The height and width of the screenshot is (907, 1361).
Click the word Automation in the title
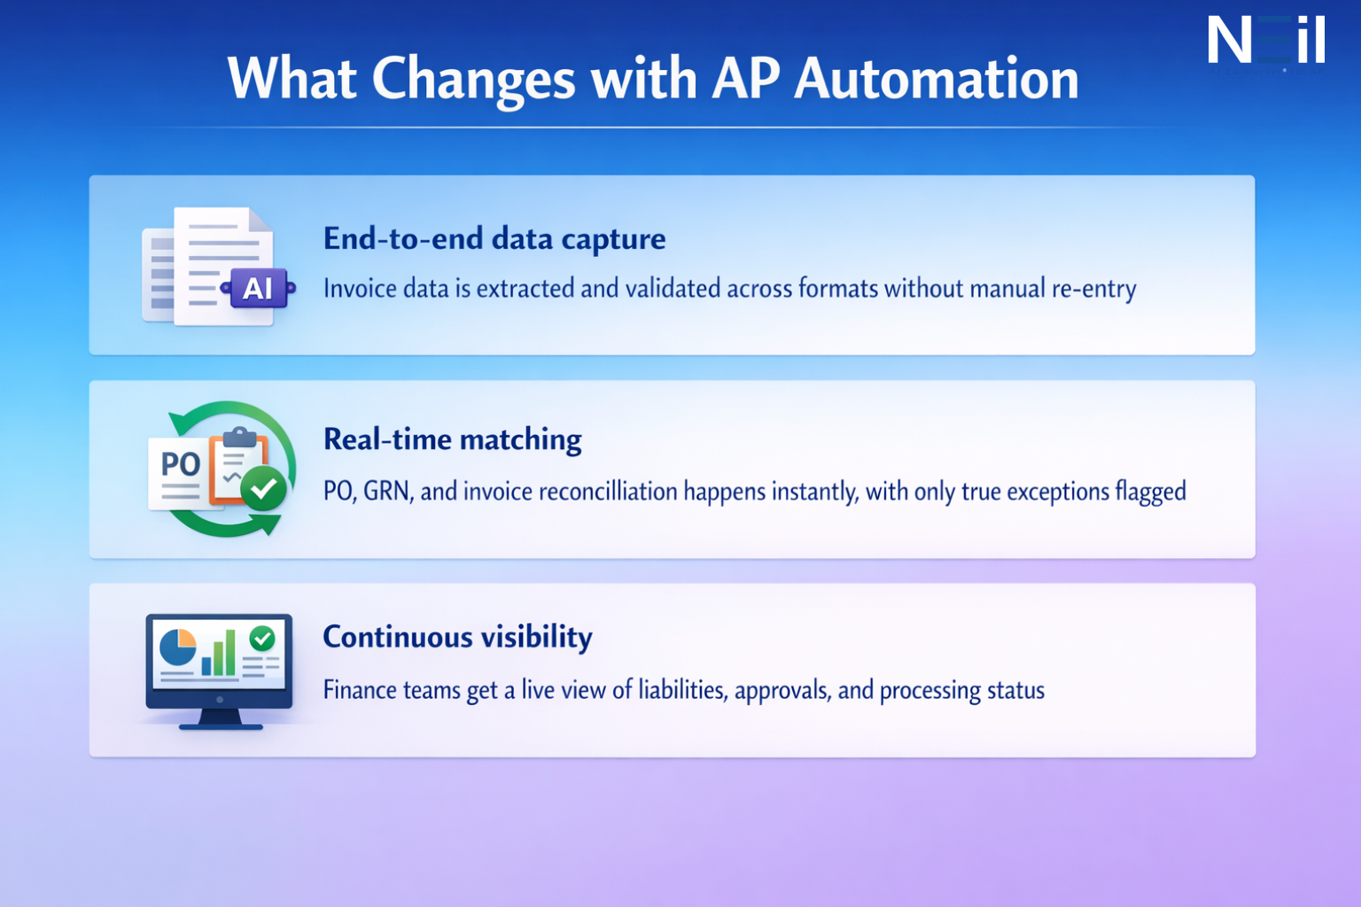[937, 79]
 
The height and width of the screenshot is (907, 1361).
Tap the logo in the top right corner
[1265, 41]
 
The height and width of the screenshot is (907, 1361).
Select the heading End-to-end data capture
[494, 238]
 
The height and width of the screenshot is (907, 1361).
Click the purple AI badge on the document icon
[258, 288]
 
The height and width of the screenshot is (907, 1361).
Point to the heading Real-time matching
[452, 439]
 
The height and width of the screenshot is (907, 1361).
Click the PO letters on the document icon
[181, 463]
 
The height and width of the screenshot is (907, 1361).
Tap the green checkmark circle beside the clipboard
[263, 488]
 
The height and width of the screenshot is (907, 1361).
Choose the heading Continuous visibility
[457, 637]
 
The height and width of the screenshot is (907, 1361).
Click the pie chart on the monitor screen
[177, 647]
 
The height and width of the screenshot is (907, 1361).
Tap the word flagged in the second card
[1150, 492]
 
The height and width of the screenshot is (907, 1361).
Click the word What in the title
[291, 79]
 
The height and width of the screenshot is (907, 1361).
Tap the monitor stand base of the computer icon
[221, 725]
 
